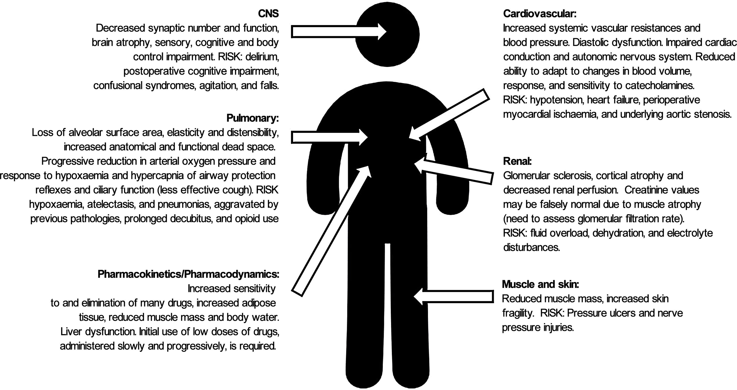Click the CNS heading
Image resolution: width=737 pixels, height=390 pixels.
tap(268, 14)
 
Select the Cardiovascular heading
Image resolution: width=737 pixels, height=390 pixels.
tap(539, 14)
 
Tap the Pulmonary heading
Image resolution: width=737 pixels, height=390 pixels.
tap(252, 118)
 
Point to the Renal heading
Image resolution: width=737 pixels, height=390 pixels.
tap(517, 161)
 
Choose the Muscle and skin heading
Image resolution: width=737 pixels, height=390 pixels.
tap(540, 284)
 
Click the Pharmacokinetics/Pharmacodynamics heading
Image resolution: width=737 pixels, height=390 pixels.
tap(188, 274)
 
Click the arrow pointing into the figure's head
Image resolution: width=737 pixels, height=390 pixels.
tap(338, 31)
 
